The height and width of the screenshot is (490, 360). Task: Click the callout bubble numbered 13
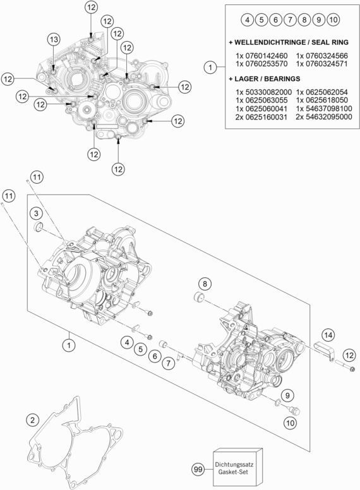pyautogui.click(x=54, y=40)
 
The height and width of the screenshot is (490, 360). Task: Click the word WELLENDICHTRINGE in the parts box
pyautogui.click(x=269, y=41)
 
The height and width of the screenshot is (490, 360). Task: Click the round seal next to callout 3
pyautogui.click(x=39, y=227)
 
